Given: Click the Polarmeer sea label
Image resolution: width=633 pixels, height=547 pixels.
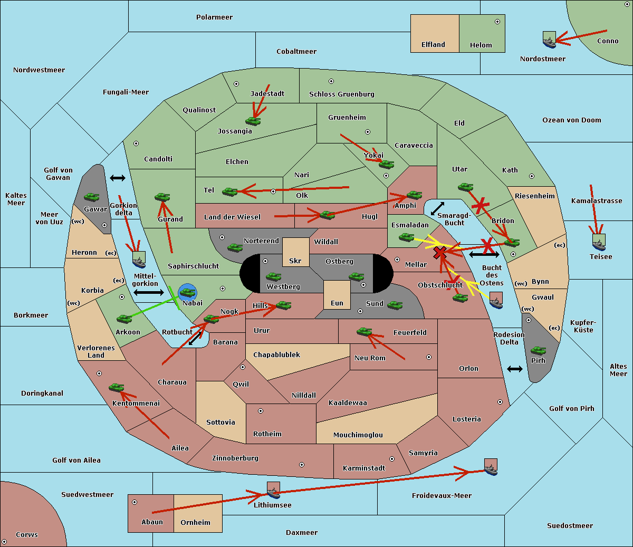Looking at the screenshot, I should pos(214,17).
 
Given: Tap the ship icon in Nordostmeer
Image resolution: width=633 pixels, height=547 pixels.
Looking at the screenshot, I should pos(549,41).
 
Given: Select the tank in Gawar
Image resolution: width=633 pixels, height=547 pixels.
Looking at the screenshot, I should pos(92,197).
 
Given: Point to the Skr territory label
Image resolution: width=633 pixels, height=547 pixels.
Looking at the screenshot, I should pos(295,261).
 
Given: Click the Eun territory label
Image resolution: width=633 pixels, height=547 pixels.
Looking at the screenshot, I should pos(337,303).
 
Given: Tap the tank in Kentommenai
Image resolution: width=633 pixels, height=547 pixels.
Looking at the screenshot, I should pos(116,388).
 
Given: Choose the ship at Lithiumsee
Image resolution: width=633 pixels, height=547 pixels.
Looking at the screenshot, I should pos(273,491).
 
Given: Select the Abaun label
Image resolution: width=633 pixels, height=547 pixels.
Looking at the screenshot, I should pos(152,522).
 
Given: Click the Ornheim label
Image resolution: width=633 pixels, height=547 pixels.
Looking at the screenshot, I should pos(195,523).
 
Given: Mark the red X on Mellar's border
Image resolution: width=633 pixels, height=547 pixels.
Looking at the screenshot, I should pos(439,253).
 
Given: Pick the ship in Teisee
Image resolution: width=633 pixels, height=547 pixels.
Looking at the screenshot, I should pos(599,242).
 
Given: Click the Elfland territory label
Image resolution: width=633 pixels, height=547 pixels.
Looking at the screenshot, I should pos(433,45).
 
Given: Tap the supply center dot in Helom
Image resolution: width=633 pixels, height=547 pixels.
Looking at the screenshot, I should pos(497,22).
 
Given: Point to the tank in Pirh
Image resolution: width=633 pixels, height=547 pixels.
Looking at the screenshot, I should pos(538,351).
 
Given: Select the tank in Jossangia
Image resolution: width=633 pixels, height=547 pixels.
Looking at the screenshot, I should pos(253,121).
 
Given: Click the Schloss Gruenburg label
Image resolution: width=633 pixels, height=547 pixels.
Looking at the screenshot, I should pos(341,94).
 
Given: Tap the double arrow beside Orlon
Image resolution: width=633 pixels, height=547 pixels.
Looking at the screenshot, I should pos(514,369).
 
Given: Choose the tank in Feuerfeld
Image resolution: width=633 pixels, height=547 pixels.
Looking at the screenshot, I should pos(364,331).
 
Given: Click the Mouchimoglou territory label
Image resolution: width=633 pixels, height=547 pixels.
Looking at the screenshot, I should pos(358,435).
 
